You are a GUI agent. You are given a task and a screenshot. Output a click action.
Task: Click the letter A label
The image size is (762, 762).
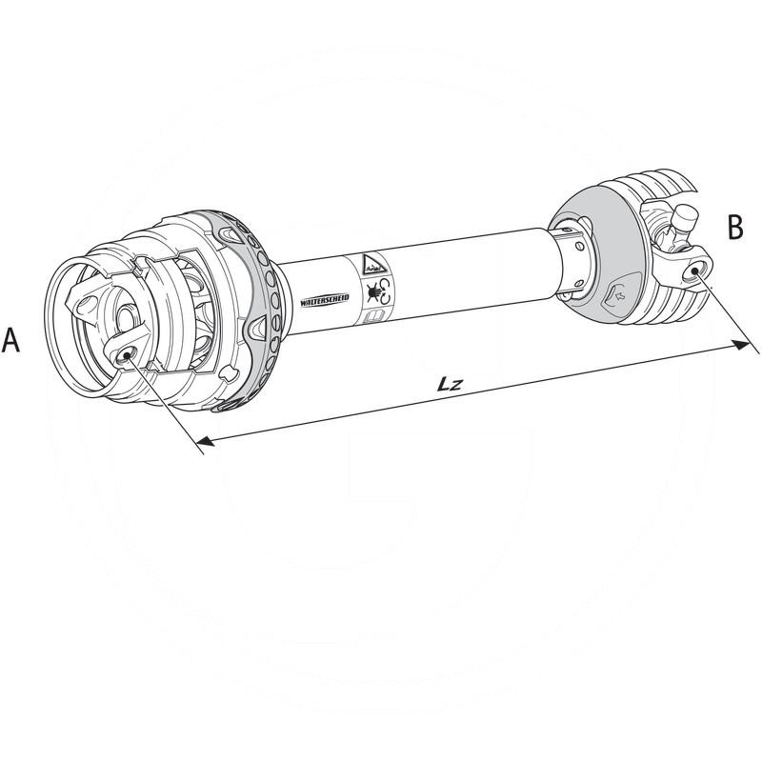coord(11,340)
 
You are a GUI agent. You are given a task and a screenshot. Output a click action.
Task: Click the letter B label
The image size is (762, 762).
coord(735,228)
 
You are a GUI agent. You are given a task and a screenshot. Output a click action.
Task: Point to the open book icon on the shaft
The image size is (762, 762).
coord(374,315)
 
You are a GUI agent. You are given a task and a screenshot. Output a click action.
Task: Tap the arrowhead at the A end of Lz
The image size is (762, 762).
coord(202,440)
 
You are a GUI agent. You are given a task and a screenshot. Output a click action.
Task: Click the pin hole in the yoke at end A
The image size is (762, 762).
coord(125,355)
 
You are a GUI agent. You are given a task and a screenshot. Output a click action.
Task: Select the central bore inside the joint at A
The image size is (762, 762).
coord(126,318)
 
